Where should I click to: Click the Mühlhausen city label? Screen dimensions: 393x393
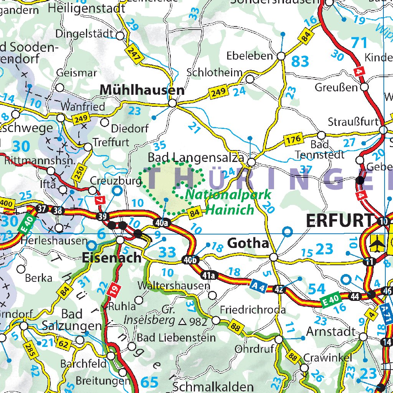click(142, 90)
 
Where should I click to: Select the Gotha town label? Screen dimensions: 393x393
click(248, 243)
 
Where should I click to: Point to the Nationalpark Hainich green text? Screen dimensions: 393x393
click(228, 202)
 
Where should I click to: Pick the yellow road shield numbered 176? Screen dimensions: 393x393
click(293, 140)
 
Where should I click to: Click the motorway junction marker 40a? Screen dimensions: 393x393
click(162, 222)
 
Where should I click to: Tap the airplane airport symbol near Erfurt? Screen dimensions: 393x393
click(378, 243)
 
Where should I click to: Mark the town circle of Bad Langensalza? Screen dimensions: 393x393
click(251, 162)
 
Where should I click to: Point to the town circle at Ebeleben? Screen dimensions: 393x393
click(281, 56)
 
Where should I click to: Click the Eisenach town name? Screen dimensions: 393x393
click(112, 258)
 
